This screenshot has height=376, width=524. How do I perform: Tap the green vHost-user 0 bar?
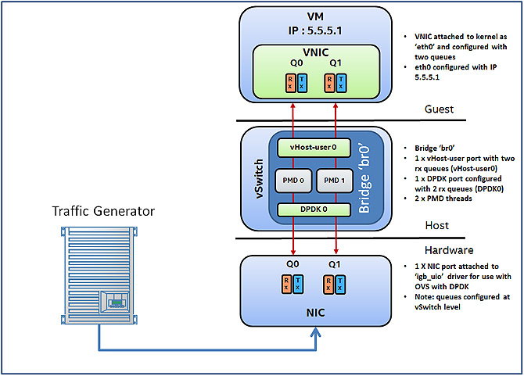tap(314, 148)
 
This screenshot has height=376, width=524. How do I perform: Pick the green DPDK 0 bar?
tap(314, 210)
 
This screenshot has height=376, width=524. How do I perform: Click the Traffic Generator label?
tap(104, 211)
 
